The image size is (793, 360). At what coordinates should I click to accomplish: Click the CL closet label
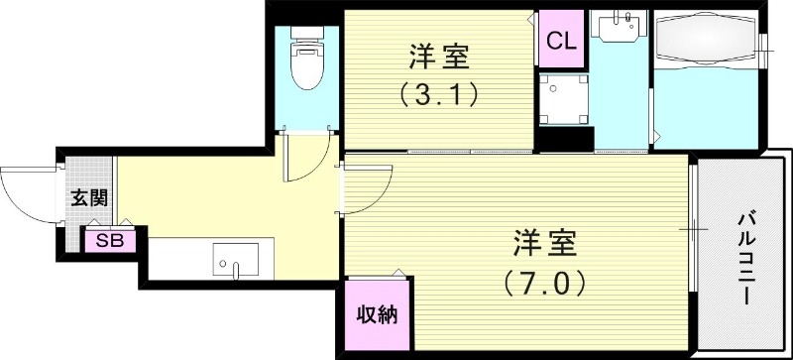pos(560,42)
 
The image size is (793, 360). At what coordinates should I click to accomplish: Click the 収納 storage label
pos(377,315)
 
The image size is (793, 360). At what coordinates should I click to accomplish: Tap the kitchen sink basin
pos(237,260)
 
